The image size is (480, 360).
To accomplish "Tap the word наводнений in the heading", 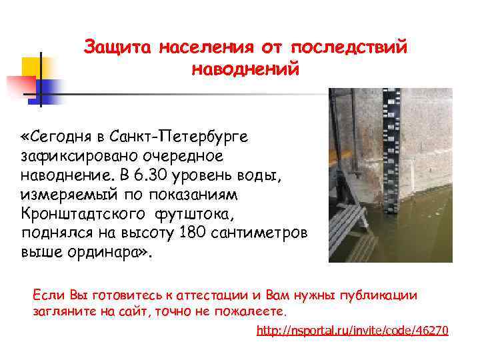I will pyautogui.click(x=245, y=69).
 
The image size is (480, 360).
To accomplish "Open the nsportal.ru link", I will pyautogui.click(x=353, y=331).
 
